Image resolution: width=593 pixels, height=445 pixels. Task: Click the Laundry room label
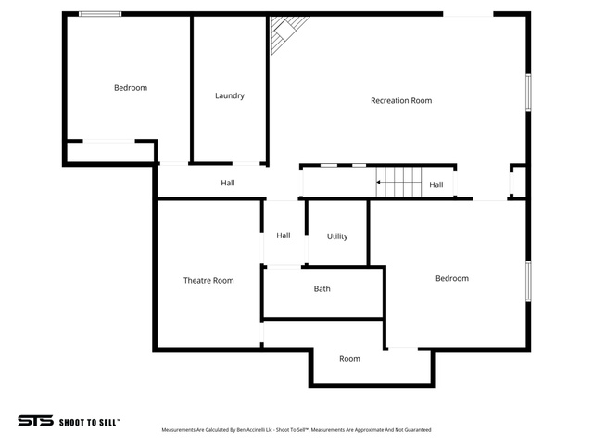[230, 95]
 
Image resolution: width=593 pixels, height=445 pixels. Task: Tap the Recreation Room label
[401, 101]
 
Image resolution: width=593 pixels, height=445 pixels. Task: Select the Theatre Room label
[208, 280]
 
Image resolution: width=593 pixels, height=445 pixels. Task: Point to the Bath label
[322, 288]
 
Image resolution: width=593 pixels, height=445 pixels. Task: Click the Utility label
[337, 236]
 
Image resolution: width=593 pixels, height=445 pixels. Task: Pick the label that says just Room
[349, 359]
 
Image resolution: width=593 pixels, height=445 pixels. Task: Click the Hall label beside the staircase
[436, 184]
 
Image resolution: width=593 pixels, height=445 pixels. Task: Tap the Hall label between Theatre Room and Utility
[284, 235]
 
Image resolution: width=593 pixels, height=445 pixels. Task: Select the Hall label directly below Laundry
[228, 183]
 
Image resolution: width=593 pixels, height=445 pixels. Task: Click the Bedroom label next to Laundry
[131, 88]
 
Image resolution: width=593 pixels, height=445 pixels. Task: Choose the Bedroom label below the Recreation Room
[452, 278]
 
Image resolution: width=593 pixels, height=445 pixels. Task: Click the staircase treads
[398, 182]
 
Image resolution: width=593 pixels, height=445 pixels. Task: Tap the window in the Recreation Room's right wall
[528, 93]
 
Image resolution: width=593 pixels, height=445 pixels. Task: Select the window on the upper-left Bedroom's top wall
[100, 14]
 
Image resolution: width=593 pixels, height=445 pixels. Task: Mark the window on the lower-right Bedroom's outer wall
[528, 281]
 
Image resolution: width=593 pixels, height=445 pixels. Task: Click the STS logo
[35, 421]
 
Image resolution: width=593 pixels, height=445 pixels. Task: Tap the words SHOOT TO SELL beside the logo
[90, 422]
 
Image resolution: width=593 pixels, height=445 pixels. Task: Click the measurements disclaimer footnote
[296, 430]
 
